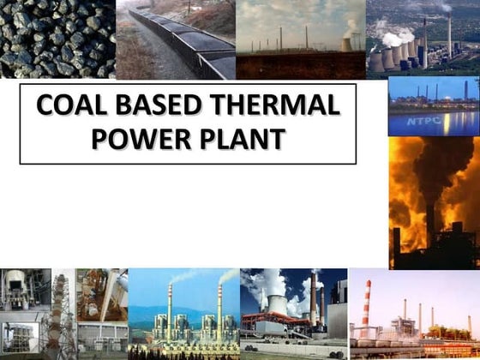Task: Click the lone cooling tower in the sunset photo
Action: [x=347, y=43]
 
